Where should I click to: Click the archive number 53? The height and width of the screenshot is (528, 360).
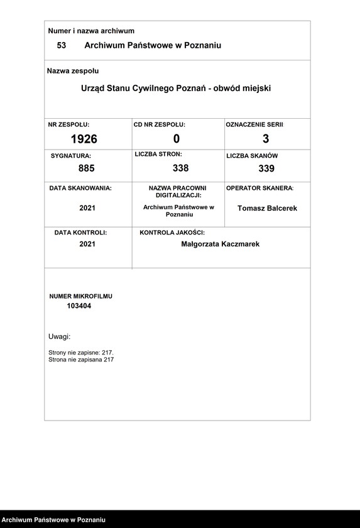62,45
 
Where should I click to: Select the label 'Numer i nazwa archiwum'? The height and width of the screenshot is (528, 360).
91,31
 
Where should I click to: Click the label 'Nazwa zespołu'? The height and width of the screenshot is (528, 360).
73,71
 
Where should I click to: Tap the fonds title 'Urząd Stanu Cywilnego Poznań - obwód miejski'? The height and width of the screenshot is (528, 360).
176,89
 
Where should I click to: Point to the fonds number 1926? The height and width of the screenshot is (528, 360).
84,139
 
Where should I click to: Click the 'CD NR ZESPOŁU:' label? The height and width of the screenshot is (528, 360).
160,125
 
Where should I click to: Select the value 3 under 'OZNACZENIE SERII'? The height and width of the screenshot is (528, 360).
266,139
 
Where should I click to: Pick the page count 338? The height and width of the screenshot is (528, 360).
180,168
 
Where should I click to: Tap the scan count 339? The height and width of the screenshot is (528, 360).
266,168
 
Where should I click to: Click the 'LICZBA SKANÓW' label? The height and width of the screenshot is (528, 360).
252,155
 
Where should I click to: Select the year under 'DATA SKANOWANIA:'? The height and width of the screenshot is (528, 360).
87,208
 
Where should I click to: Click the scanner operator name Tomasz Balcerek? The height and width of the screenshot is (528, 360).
267,208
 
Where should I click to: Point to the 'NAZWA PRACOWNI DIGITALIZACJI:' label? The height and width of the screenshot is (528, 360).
177,192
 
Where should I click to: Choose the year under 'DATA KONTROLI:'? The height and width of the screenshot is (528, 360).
87,244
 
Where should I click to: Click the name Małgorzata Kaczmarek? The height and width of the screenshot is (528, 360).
220,244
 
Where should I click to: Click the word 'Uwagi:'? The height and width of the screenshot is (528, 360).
60,337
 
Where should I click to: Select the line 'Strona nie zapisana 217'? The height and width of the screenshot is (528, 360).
81,360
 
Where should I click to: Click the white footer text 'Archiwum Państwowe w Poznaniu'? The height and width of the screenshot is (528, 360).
52,520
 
